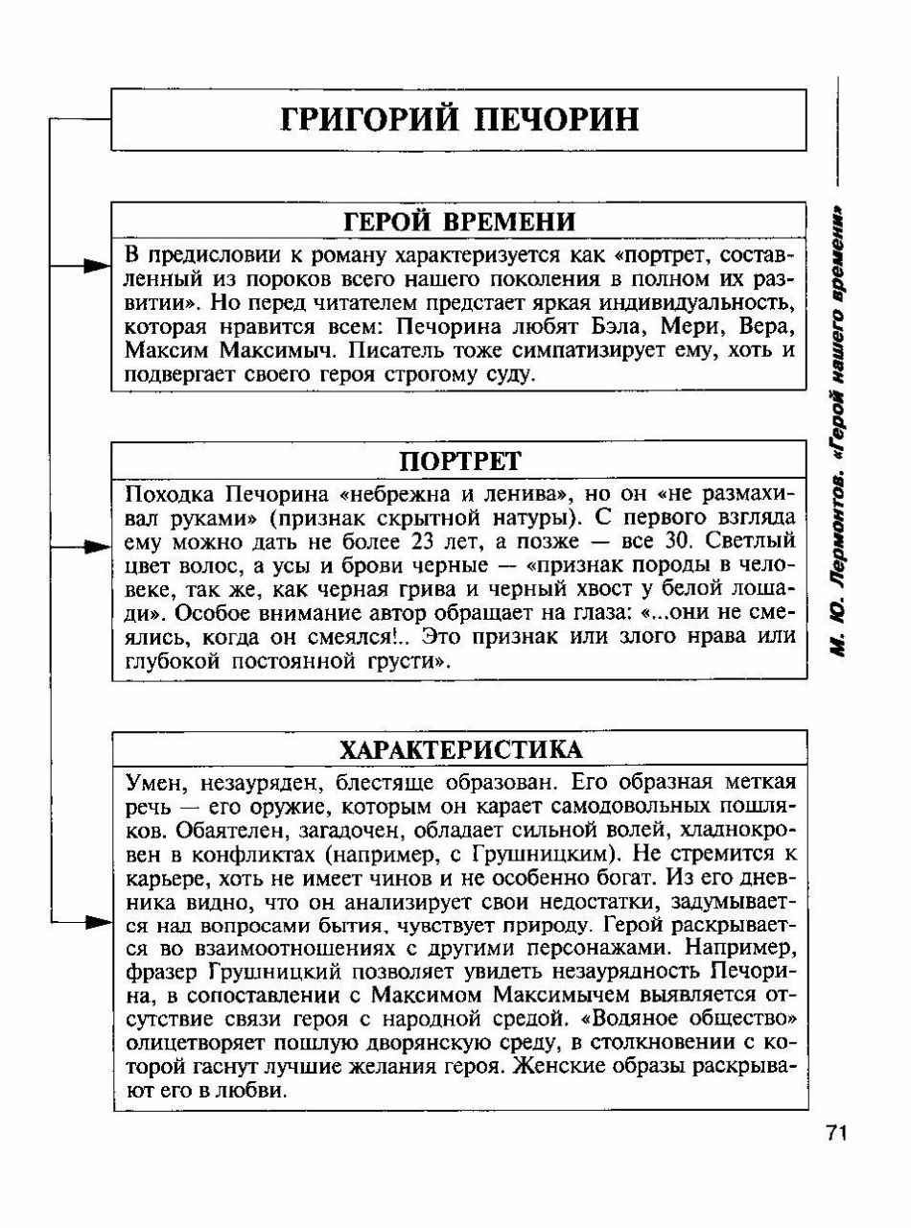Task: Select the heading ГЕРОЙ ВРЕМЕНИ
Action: [459, 222]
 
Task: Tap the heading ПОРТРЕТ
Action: [459, 461]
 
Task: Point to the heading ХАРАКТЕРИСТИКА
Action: [459, 748]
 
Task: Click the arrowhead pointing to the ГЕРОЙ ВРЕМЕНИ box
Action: [96, 266]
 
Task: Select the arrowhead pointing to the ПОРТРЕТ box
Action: [96, 548]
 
